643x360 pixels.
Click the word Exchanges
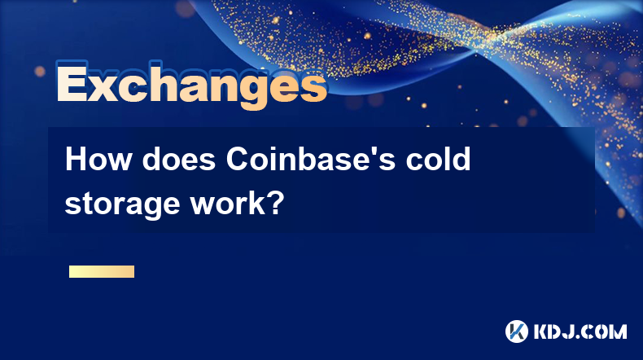[191, 85]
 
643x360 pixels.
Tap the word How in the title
[98, 160]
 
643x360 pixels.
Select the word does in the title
[179, 160]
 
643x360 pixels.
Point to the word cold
[438, 160]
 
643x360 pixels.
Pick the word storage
[122, 204]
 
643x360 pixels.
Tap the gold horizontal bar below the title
[102, 271]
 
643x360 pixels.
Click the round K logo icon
[517, 331]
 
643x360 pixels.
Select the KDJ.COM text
[580, 331]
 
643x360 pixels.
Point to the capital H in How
[76, 159]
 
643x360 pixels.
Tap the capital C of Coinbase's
[238, 159]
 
